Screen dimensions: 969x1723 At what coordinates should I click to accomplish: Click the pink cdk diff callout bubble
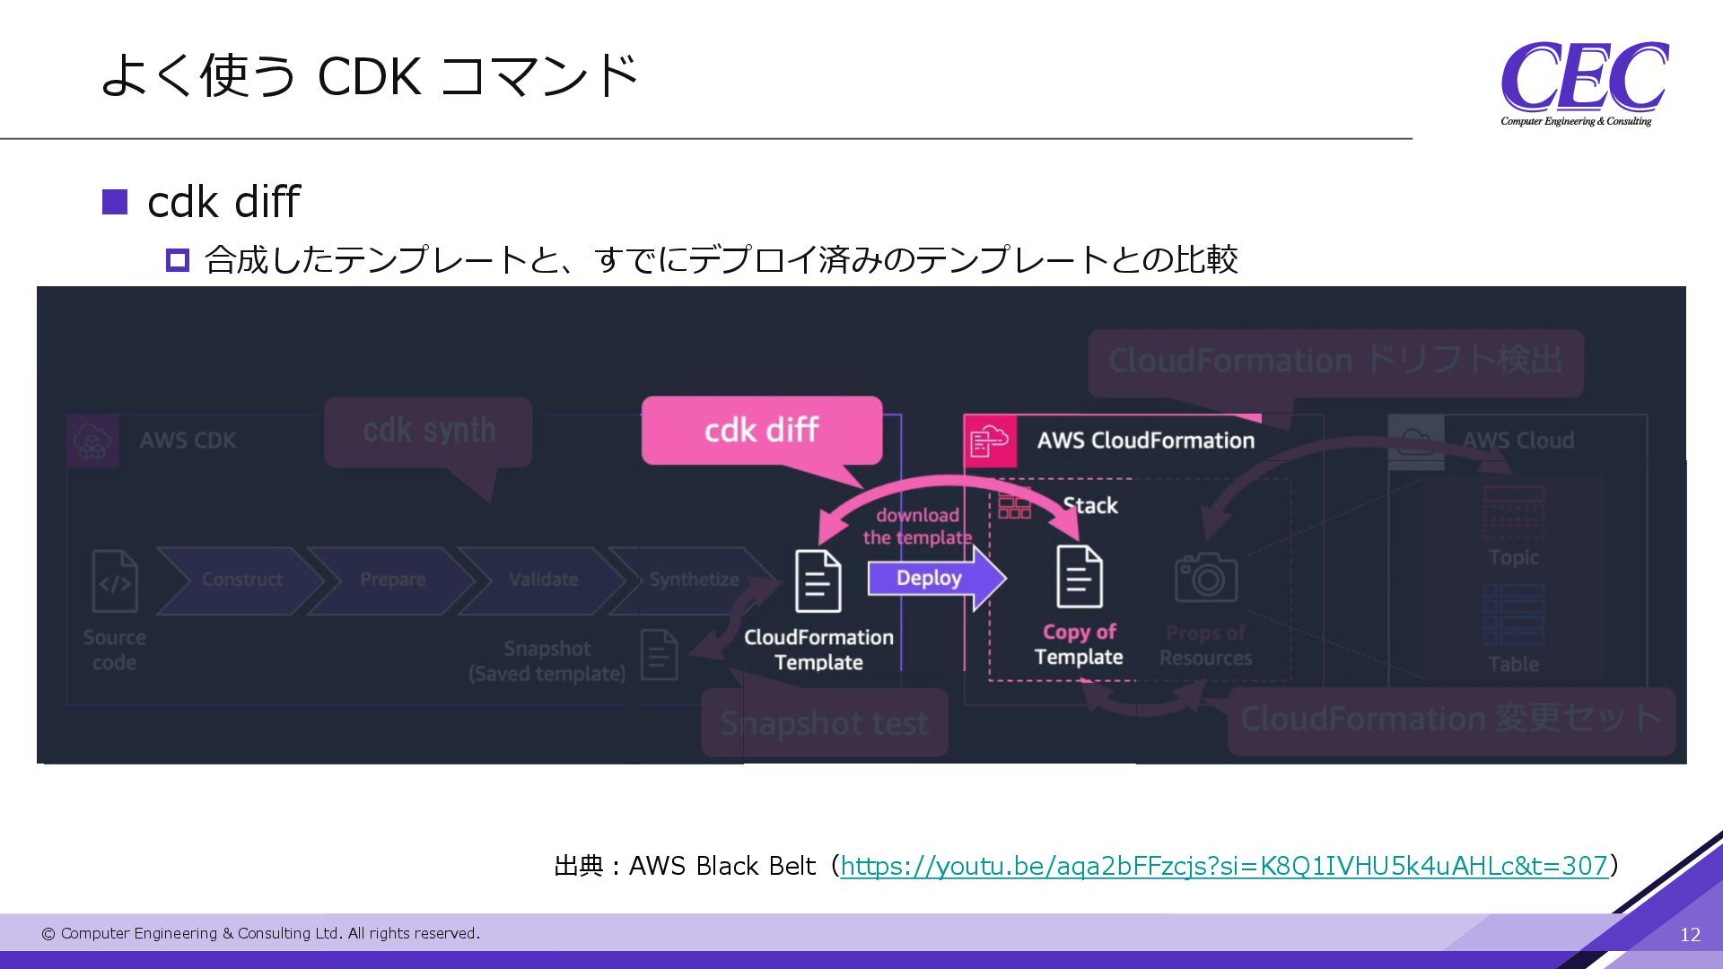click(x=761, y=431)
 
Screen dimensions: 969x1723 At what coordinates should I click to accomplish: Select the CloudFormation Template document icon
click(x=818, y=581)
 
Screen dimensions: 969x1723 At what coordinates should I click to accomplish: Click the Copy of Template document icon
click(x=1079, y=577)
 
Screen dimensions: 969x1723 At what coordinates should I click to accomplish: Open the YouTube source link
click(x=1224, y=866)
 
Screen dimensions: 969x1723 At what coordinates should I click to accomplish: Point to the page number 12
click(x=1690, y=935)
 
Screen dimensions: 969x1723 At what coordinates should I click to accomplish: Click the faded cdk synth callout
click(x=428, y=432)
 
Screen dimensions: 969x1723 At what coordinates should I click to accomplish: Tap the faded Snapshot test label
click(x=824, y=723)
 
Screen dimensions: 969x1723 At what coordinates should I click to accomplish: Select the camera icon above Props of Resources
click(x=1205, y=578)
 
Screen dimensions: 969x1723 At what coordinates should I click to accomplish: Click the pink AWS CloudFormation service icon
click(x=990, y=441)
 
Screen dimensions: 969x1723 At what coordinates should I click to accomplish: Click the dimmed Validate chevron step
click(x=542, y=581)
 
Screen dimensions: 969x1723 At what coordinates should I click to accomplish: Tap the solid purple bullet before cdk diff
click(x=115, y=202)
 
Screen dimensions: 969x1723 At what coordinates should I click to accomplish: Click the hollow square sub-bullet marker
click(x=178, y=261)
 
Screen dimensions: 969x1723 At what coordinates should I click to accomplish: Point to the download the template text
click(x=917, y=527)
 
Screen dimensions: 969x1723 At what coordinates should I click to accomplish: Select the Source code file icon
click(x=115, y=581)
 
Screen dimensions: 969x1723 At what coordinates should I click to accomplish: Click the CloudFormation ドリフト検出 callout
click(x=1334, y=362)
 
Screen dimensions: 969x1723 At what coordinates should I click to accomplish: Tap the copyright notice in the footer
click(x=261, y=934)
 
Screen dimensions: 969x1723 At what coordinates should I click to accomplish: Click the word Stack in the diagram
click(x=1089, y=506)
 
